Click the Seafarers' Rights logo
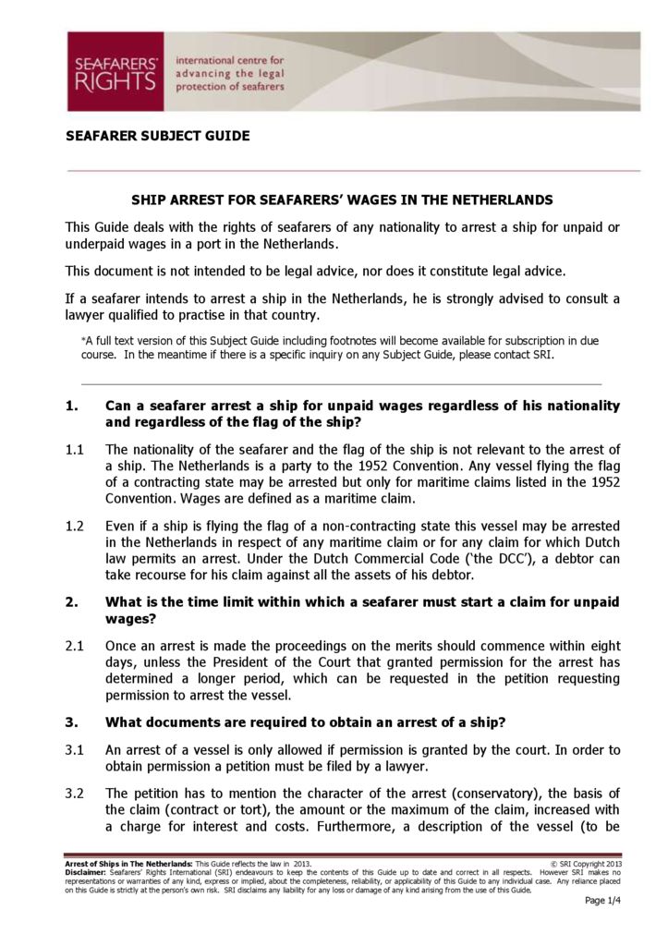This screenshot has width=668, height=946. coord(115,71)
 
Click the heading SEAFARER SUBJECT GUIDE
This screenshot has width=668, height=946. coord(158,136)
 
